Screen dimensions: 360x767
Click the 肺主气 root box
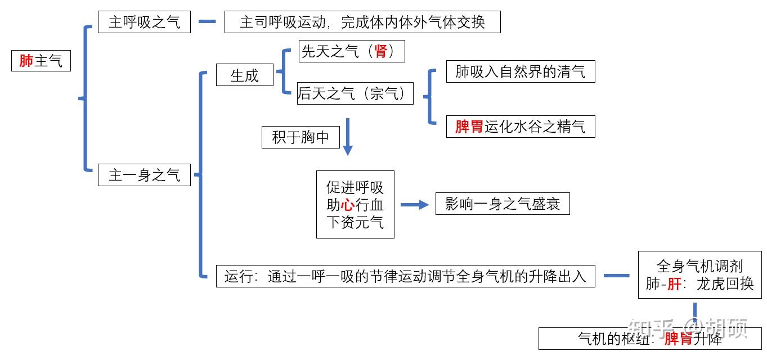tap(41, 61)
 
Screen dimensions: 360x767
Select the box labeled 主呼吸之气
tap(145, 22)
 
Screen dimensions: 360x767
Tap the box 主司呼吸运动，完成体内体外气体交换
tap(362, 22)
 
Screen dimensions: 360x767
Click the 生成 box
tap(244, 76)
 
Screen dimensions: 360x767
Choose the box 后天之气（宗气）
tap(355, 94)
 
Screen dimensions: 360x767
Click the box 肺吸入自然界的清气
tap(520, 72)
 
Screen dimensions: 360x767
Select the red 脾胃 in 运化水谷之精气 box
tap(469, 127)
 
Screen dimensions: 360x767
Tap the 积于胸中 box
tap(300, 137)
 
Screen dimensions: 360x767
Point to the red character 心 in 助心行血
tap(348, 205)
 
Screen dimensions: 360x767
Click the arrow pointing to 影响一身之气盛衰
tap(414, 205)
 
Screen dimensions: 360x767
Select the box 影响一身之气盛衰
tap(502, 204)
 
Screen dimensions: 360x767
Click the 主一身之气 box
tap(145, 175)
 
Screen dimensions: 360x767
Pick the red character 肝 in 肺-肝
tap(674, 283)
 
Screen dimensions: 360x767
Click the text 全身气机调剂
tap(699, 265)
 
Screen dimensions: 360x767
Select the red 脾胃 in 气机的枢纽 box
tap(679, 339)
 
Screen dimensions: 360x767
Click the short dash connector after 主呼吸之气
tap(207, 22)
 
